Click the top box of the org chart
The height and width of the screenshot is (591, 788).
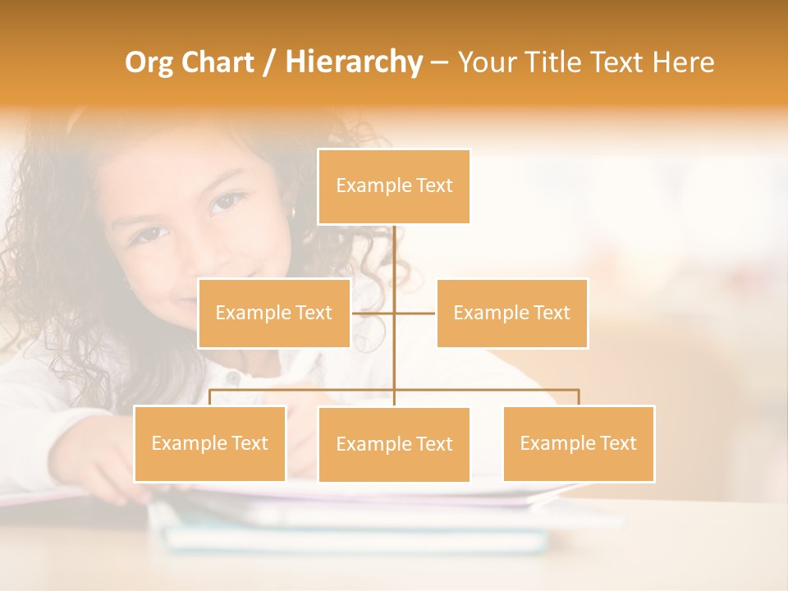click(x=394, y=186)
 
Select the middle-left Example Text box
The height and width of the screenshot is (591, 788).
click(x=274, y=313)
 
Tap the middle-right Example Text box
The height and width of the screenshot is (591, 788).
click(x=512, y=313)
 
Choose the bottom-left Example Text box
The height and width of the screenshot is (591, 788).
click(x=210, y=443)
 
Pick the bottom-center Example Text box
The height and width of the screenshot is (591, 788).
click(x=394, y=444)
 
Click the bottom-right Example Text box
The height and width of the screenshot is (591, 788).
click(x=579, y=443)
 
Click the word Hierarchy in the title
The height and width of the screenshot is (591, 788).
click(x=354, y=62)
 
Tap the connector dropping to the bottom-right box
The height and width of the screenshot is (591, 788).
click(x=579, y=397)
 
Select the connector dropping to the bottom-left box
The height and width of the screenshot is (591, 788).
click(x=210, y=397)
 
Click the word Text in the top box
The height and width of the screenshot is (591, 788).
click(x=434, y=186)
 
